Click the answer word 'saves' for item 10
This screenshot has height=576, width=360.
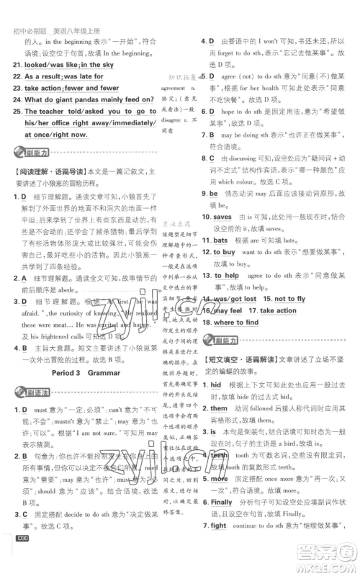[222, 217]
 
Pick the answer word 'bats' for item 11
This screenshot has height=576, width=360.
[220, 240]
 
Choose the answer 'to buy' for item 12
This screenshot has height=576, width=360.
[224, 252]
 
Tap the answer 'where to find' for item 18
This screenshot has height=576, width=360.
[236, 323]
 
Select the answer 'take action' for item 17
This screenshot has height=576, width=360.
[278, 310]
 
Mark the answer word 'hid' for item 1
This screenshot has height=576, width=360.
[216, 385]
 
